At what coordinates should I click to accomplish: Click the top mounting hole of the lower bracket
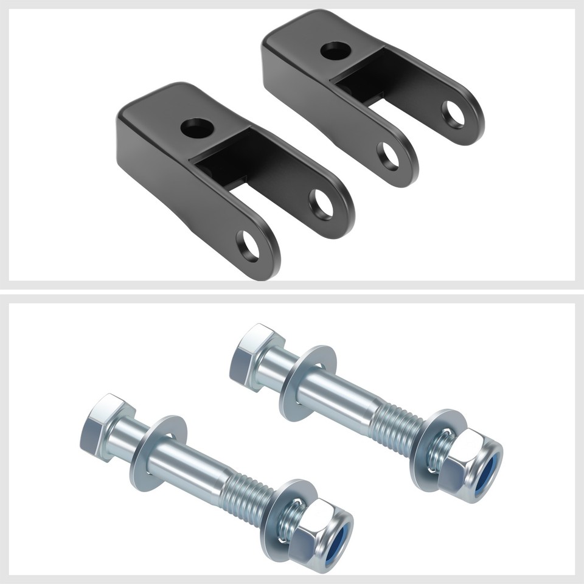[x=197, y=128]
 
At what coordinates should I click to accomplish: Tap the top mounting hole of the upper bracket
[x=335, y=50]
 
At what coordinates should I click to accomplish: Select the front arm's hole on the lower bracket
[x=248, y=246]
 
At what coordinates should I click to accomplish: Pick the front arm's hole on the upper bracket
[x=388, y=156]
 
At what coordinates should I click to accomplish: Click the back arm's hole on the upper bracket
[x=453, y=114]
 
